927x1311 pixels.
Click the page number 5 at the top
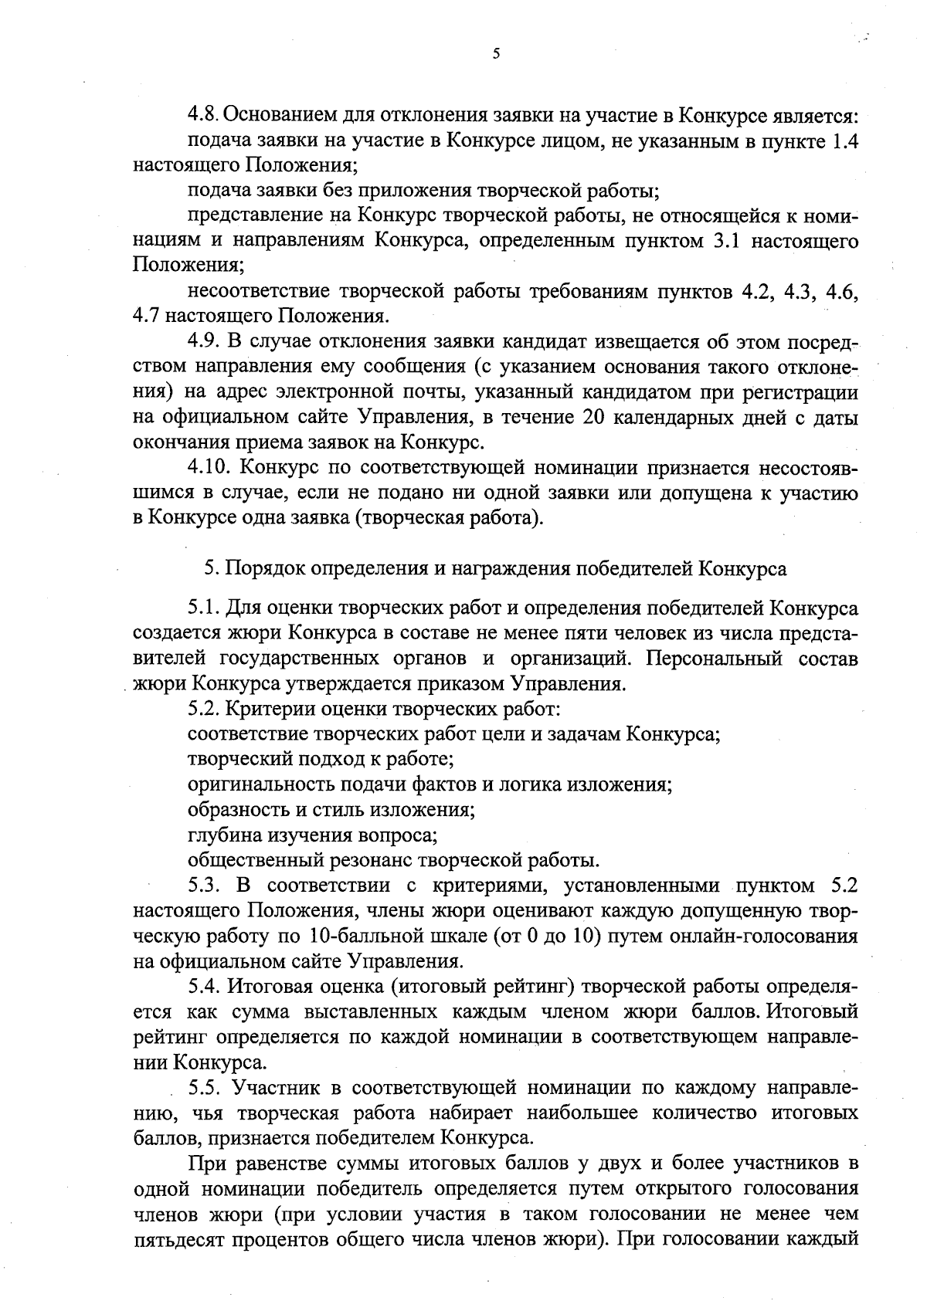[495, 53]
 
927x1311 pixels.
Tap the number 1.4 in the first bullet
[842, 141]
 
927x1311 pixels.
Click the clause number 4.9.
[205, 341]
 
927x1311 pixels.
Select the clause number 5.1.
[204, 608]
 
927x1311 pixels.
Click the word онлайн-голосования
[747, 937]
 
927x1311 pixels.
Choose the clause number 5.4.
[205, 987]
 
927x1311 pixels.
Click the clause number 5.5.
[205, 1089]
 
